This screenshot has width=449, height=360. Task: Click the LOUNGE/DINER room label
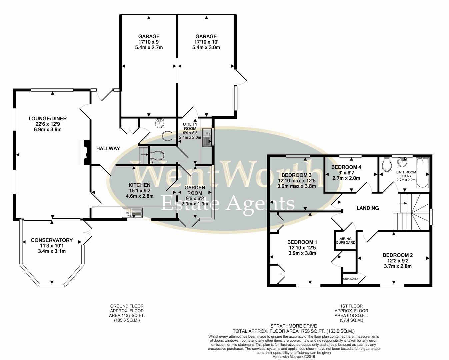pos(48,118)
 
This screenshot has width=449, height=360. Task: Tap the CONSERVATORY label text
pos(52,240)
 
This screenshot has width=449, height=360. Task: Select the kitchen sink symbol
pos(132,212)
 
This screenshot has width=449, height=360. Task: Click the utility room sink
pos(207,137)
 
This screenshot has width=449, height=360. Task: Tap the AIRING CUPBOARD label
pos(345,241)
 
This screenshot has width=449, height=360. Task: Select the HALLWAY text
pos(108,148)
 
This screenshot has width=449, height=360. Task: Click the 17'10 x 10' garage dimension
pos(206,42)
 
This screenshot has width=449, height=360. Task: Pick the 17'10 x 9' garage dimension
pos(149,42)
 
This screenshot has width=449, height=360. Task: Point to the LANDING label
pos(368,208)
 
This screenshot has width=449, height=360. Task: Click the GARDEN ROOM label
pos(195,190)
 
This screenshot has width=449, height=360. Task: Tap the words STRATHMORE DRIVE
pos(293,326)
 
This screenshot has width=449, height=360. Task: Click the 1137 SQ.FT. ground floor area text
pos(127,315)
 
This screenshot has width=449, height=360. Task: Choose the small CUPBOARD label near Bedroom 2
pos(350,279)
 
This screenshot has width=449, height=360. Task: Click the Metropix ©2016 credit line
pos(293,357)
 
